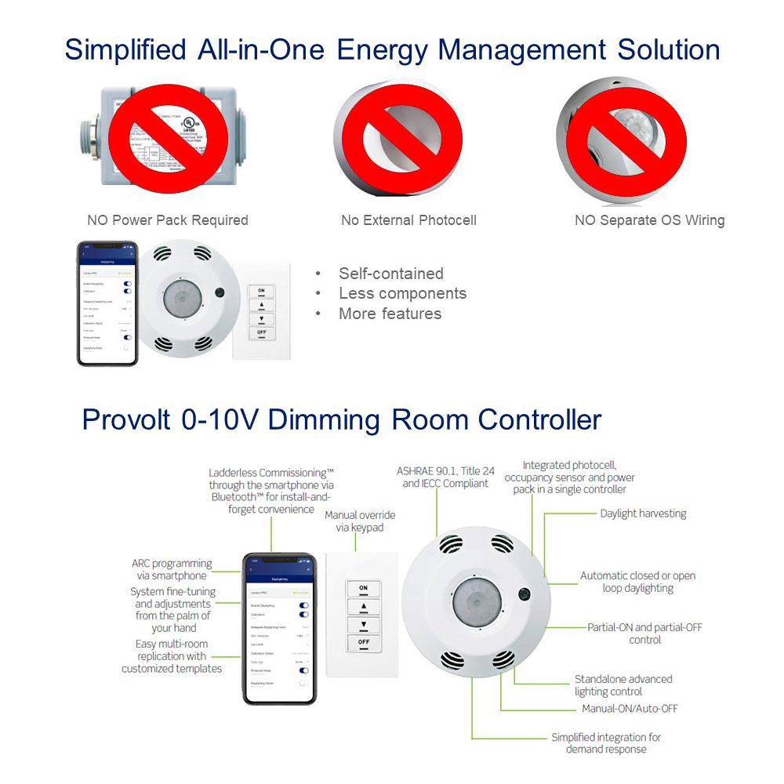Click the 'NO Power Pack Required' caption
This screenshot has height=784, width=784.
point(167,220)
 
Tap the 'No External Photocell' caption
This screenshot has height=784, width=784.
point(408,220)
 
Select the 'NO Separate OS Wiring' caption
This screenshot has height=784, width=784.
point(649,220)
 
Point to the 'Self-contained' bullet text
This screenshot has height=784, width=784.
point(390,274)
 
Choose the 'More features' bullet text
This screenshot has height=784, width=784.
point(390,314)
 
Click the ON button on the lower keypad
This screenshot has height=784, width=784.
point(363,588)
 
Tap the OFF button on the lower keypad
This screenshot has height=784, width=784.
point(363,642)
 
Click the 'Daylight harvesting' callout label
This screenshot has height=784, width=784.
point(643,514)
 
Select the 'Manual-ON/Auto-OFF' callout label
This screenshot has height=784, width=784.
point(630,709)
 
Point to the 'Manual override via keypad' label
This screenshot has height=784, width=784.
point(360,521)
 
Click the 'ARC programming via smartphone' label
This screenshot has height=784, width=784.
point(172,569)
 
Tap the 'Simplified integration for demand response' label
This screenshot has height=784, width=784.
point(605,743)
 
